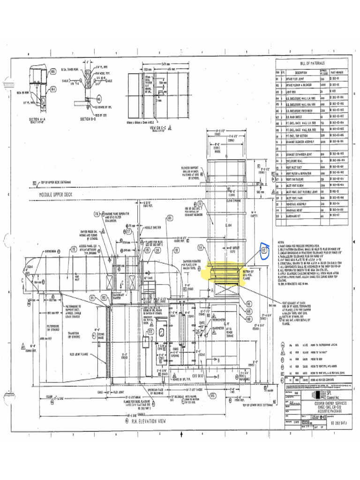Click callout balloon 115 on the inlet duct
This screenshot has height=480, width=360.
click(x=74, y=249)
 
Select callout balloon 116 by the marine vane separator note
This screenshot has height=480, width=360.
click(x=96, y=214)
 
